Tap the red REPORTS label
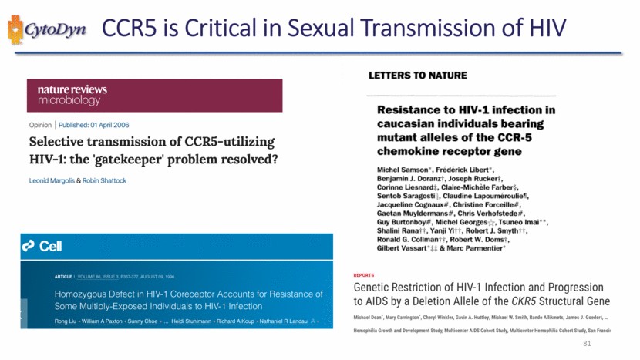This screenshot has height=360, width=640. pos(365,274)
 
